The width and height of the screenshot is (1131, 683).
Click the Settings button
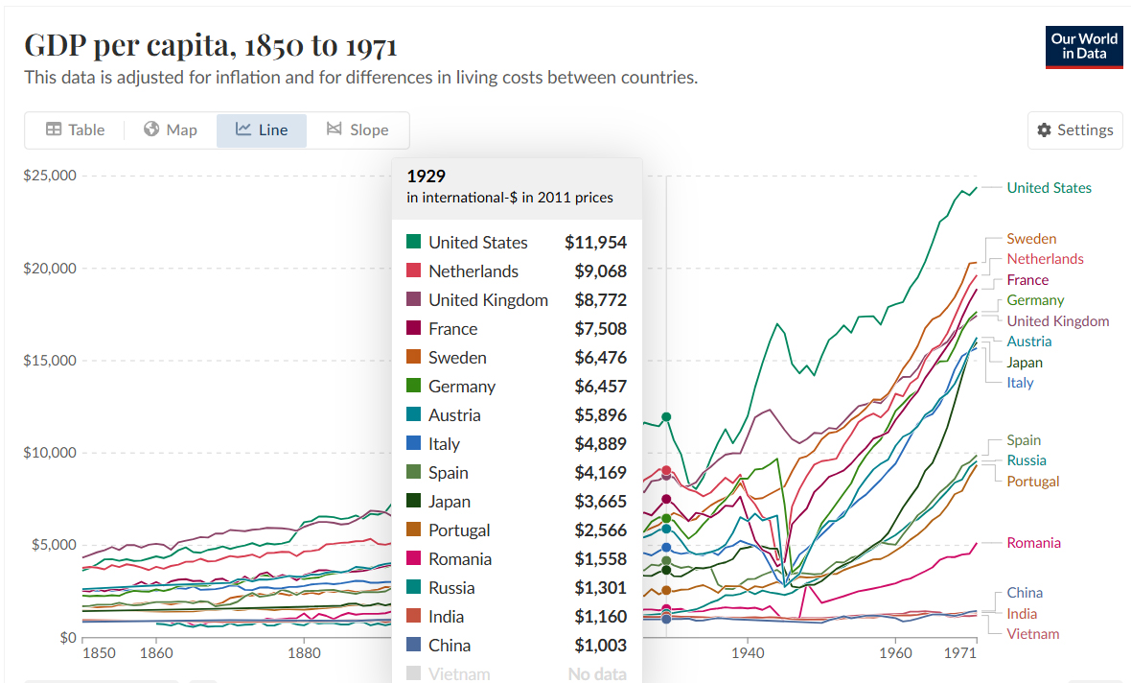1074,130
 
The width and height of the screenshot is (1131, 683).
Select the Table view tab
75,130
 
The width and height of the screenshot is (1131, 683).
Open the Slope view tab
358,130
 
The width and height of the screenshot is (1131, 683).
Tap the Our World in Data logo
1083,46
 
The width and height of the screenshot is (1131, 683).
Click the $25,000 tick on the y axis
49,176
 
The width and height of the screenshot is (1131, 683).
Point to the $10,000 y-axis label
49,453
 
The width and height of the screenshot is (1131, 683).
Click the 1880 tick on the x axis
304,653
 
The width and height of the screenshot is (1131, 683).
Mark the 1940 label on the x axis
748,653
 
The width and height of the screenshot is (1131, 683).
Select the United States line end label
1049,188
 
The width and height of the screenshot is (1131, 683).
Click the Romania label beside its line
1033,543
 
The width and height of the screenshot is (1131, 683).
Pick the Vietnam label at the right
1033,634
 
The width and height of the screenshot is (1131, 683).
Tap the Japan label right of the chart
1025,363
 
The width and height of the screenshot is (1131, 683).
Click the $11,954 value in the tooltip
595,243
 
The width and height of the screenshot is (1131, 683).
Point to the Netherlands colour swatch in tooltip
414,271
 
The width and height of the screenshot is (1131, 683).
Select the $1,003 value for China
600,646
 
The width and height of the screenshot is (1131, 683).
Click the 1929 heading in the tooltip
426,177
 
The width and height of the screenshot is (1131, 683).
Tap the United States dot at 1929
666,417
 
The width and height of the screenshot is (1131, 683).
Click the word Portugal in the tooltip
459,530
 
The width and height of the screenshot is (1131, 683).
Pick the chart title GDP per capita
210,45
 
